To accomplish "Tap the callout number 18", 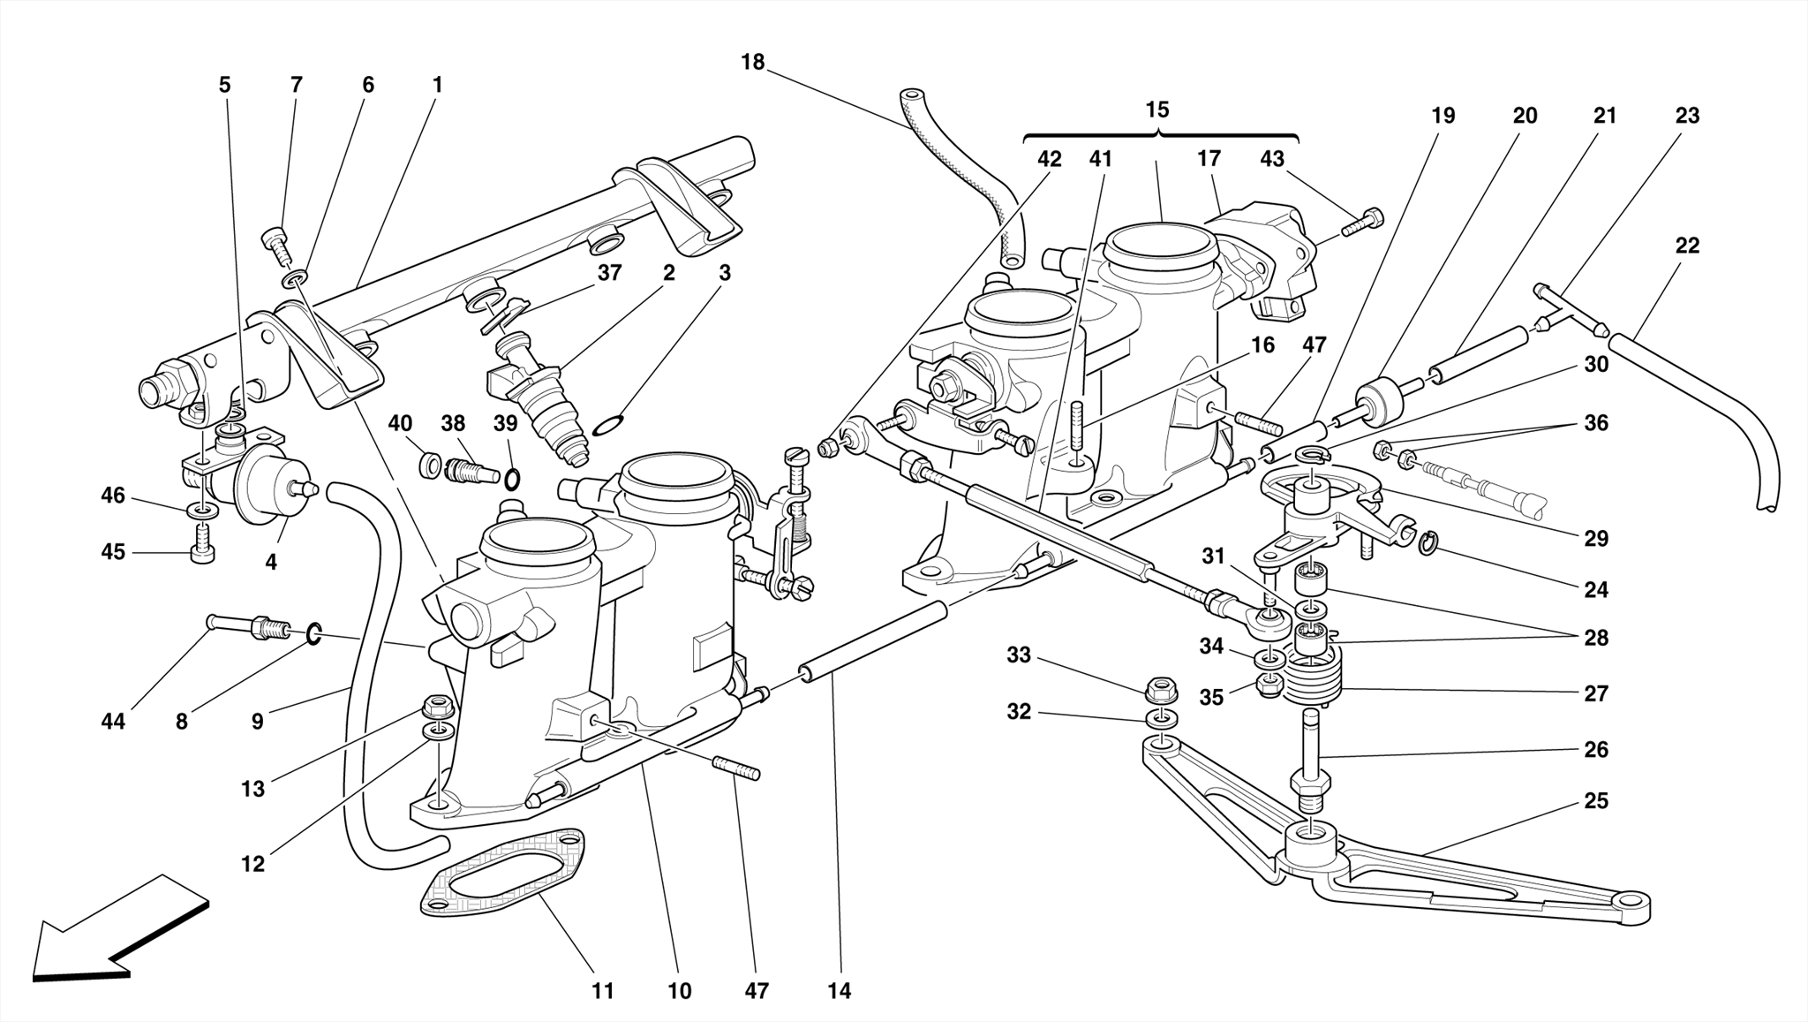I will coord(752,63).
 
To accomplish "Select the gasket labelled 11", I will coord(503,875).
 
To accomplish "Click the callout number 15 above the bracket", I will coord(1156,110).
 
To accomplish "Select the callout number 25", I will coord(1596,801).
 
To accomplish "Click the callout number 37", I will coord(609,274).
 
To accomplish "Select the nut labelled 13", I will coord(436,707).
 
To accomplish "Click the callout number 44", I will coord(113,722).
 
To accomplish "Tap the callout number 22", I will coord(1686,246).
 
